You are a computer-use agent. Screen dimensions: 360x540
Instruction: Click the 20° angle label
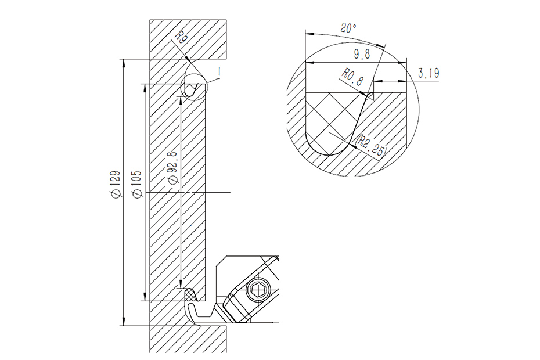click(348, 27)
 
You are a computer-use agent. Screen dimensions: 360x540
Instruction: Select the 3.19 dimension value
click(428, 73)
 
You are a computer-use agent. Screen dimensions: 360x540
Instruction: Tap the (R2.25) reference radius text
click(372, 145)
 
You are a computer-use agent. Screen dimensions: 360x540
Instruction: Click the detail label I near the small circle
click(219, 70)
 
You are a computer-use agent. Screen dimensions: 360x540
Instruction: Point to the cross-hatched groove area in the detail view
click(331, 119)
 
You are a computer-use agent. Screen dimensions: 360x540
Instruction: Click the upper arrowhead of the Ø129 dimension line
click(123, 62)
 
